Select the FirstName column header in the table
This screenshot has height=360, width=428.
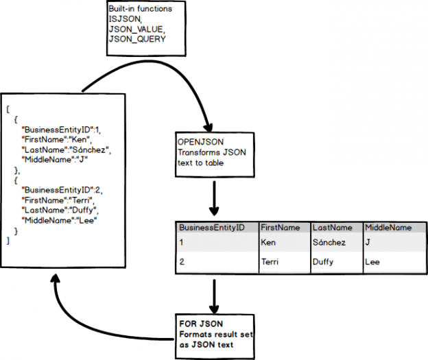280,227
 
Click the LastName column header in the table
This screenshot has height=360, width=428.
333,227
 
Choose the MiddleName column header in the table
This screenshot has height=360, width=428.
389,227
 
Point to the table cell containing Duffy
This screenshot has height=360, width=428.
323,262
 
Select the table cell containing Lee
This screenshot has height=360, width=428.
372,262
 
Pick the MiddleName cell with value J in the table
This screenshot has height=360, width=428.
369,242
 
